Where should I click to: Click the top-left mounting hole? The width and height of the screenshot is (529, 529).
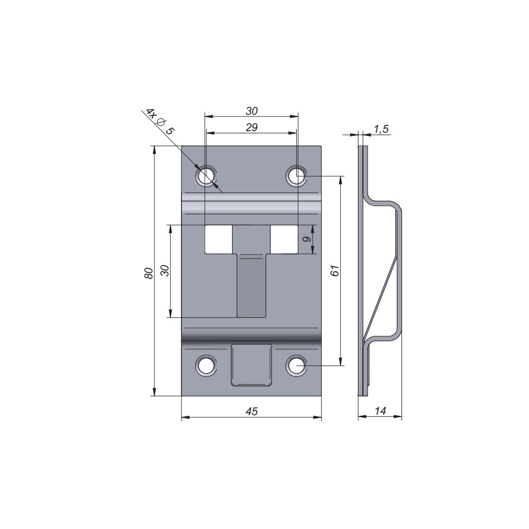[206, 176]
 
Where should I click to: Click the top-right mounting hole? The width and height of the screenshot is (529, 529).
[297, 176]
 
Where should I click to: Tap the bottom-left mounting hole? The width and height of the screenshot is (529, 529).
[206, 365]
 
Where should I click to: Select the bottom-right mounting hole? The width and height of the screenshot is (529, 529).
[297, 365]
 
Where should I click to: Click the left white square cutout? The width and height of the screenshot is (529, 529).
[218, 239]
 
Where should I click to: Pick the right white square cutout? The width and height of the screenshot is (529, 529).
[284, 239]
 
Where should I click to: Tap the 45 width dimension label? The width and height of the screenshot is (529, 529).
[251, 411]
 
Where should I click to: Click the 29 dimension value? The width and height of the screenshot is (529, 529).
[252, 127]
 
